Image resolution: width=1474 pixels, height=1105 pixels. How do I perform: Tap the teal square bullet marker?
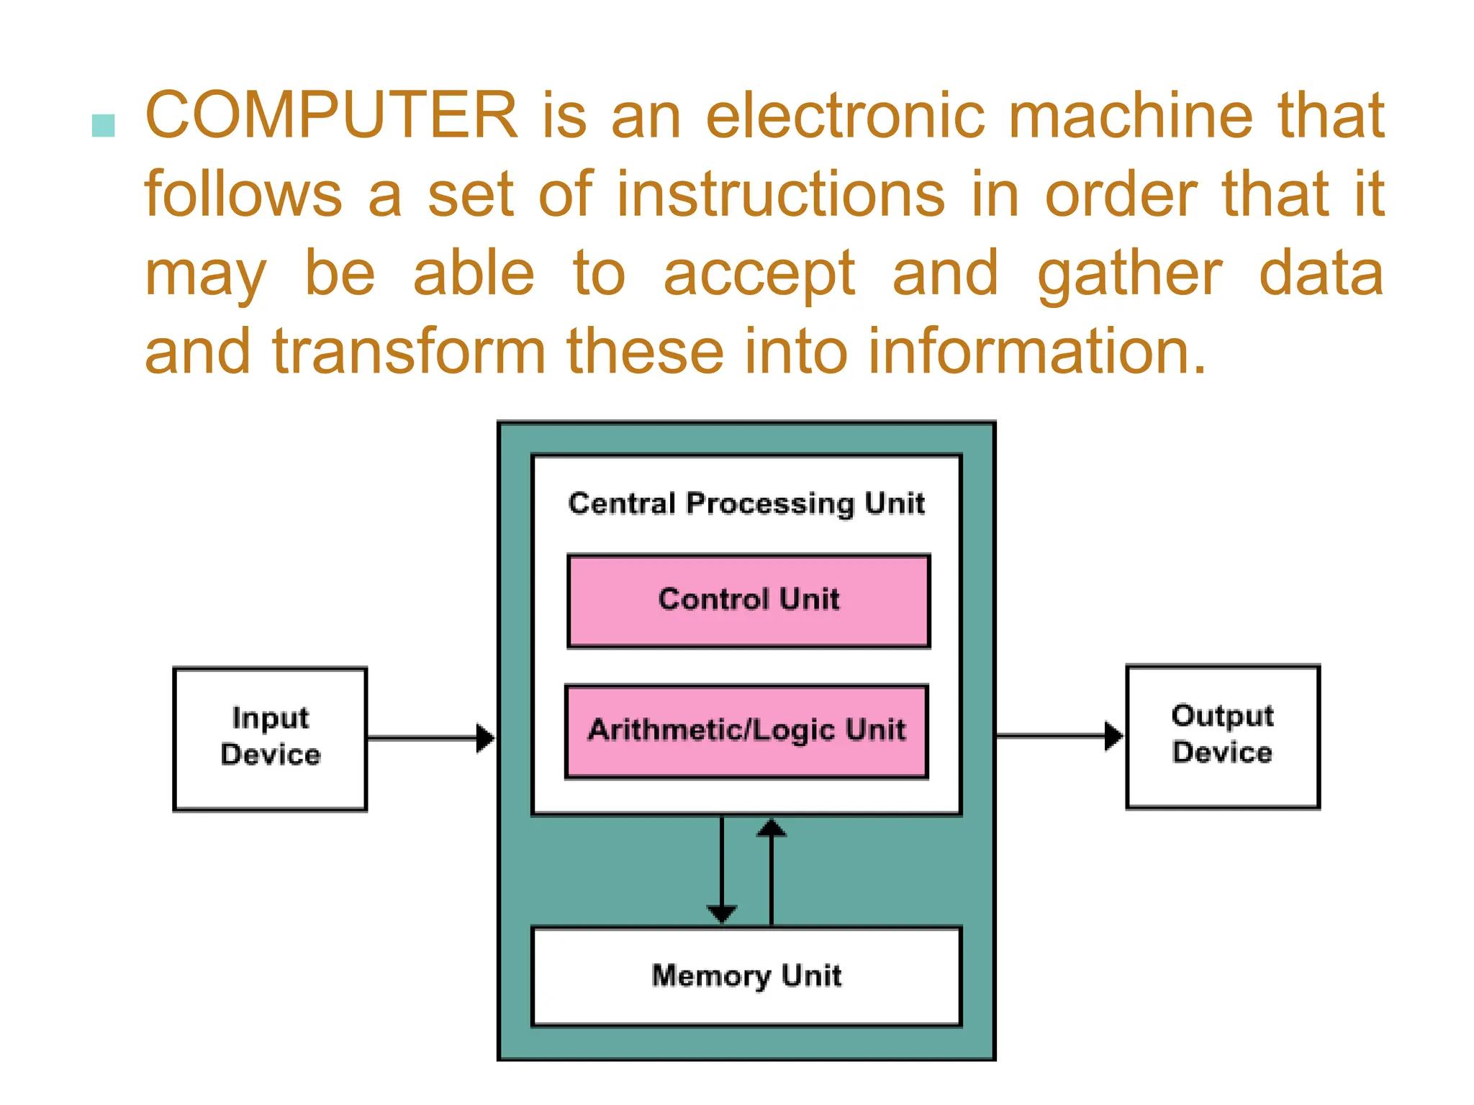pyautogui.click(x=104, y=126)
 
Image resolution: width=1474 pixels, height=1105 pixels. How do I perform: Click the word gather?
pyautogui.click(x=1129, y=275)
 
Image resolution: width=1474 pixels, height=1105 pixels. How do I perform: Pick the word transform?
pyautogui.click(x=409, y=353)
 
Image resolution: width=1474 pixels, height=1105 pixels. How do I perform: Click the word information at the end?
pyautogui.click(x=1036, y=353)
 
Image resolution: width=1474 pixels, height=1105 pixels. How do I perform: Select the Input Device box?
pyautogui.click(x=270, y=739)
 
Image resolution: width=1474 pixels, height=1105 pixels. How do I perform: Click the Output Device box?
pyautogui.click(x=1222, y=736)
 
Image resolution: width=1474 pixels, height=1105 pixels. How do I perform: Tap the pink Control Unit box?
pyautogui.click(x=749, y=601)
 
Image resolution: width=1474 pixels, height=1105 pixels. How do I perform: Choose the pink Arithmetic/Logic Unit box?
pyautogui.click(x=746, y=731)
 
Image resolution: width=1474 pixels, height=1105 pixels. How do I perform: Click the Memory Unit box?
pyautogui.click(x=746, y=976)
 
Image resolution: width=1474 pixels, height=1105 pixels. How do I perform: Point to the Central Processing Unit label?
pyautogui.click(x=746, y=504)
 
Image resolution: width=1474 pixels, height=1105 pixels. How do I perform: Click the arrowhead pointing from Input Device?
pyautogui.click(x=486, y=738)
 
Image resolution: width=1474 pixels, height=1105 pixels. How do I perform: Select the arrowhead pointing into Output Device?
pyautogui.click(x=1113, y=735)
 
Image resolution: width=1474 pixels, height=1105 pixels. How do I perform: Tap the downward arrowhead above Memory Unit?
pyautogui.click(x=721, y=914)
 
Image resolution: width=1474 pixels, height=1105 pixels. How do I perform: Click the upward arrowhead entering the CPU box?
pyautogui.click(x=772, y=828)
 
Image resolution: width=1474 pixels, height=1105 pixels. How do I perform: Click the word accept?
pyautogui.click(x=759, y=275)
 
